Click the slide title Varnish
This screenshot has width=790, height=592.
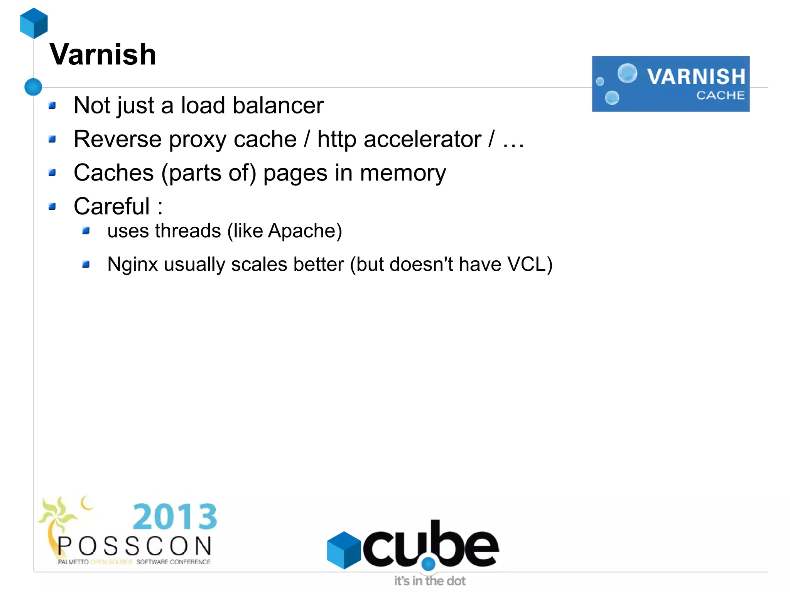(x=103, y=55)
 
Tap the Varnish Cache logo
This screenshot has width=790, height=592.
(x=670, y=84)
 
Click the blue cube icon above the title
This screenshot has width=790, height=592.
(x=34, y=23)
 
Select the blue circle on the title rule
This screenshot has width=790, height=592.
(x=33, y=87)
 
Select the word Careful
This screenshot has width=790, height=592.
(x=112, y=206)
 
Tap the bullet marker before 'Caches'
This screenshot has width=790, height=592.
(x=52, y=173)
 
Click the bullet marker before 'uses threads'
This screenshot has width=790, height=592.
(x=86, y=231)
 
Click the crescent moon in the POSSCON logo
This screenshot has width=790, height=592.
(x=86, y=503)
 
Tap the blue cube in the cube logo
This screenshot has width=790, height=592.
(x=343, y=550)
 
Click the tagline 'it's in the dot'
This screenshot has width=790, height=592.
(x=430, y=581)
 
